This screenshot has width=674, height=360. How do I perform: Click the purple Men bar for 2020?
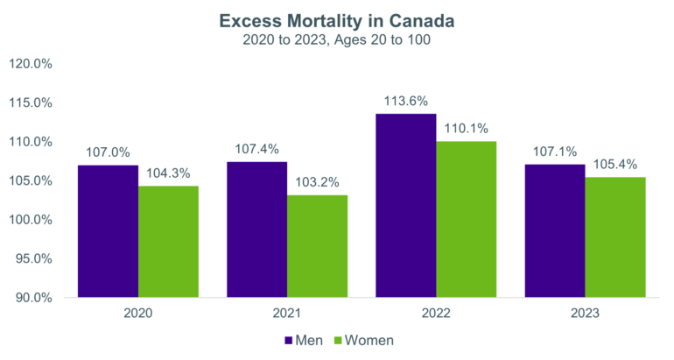(x=109, y=231)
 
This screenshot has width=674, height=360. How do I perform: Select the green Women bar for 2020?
(x=168, y=242)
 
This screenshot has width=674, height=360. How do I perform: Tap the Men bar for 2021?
(x=257, y=229)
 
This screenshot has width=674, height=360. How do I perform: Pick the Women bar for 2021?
(x=317, y=246)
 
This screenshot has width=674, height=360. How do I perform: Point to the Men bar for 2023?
(x=556, y=231)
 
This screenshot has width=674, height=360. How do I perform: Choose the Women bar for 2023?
(x=615, y=237)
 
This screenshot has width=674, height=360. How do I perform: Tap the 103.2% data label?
(x=317, y=180)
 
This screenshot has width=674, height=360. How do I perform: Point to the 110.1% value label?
(x=467, y=128)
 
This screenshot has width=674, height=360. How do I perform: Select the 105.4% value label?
(x=615, y=164)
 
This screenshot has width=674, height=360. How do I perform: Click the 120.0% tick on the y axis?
(x=30, y=63)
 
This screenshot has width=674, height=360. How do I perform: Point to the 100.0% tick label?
(x=30, y=220)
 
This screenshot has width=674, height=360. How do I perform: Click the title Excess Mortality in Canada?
(x=337, y=19)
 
